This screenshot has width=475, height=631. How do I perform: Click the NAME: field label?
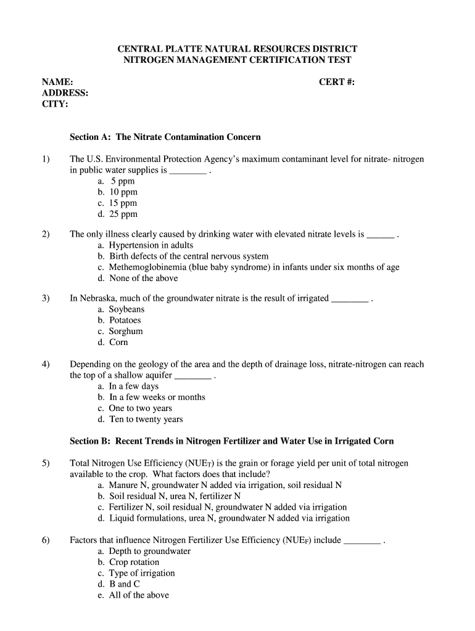tap(57, 82)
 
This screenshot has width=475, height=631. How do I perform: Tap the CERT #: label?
tap(337, 82)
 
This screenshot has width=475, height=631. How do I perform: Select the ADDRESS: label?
tap(65, 93)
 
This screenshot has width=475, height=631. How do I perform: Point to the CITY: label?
tap(55, 104)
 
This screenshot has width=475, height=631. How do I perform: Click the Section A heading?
tap(165, 137)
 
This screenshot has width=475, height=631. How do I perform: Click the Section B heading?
tap(231, 441)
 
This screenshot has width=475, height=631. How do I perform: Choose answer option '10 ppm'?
tap(124, 192)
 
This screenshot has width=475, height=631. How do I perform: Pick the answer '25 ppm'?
tap(124, 214)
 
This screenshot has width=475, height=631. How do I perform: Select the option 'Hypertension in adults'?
tap(151, 245)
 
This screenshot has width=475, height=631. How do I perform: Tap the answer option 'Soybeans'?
tap(126, 309)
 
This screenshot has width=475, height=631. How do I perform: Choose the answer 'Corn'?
tap(118, 343)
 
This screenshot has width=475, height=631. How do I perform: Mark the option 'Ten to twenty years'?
tap(146, 420)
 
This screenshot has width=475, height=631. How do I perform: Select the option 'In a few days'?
tap(134, 386)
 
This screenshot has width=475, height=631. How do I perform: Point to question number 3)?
tap(46, 298)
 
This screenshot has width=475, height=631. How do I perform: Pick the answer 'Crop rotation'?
tap(134, 562)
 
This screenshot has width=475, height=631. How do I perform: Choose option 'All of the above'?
tap(139, 595)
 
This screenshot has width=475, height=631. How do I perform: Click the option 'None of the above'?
tap(143, 279)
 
